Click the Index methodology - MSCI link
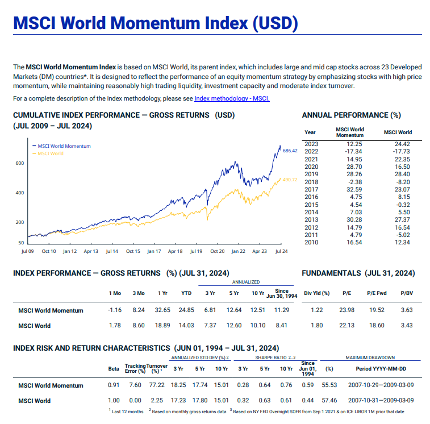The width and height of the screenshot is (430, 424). point(232,98)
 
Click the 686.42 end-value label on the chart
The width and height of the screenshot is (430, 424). point(290,151)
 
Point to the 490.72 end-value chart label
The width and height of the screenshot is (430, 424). point(290,180)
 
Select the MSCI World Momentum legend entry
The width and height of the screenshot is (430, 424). point(62,146)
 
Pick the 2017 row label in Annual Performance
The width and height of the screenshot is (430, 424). point(311,189)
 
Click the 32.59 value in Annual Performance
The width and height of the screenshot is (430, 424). point(354,189)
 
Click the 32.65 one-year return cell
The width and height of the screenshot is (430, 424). point(162,310)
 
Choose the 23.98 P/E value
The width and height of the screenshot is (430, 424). point(346,310)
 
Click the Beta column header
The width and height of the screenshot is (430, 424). point(113,369)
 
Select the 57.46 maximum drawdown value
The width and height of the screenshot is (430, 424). point(329,401)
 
